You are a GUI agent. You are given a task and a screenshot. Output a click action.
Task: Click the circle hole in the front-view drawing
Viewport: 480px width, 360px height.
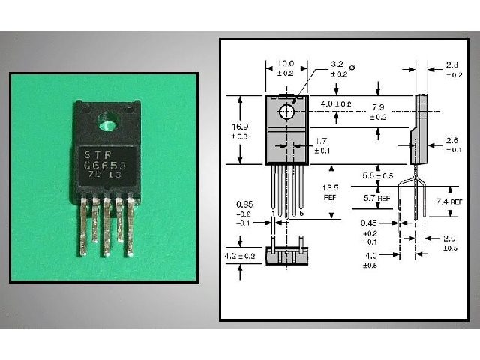pos(286,112)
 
